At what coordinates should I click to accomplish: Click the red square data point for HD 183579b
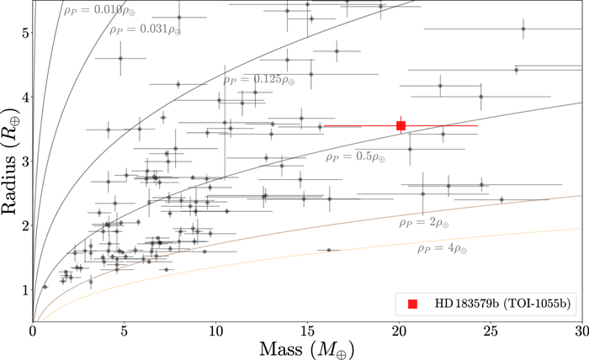[401, 125]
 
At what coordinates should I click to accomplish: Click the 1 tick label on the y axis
[24, 290]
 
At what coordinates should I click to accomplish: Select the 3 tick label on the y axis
[24, 161]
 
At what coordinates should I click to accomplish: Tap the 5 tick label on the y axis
[24, 33]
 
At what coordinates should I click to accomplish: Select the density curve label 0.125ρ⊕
[260, 81]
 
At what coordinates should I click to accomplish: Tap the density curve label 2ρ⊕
[424, 224]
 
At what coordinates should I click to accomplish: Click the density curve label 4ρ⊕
[443, 250]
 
